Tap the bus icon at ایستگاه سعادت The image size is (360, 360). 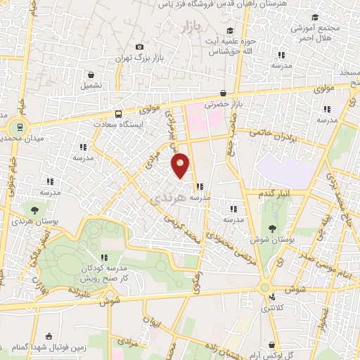click(117, 114)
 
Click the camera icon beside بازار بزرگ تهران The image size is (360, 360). click(139, 46)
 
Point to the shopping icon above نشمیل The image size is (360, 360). click(91, 75)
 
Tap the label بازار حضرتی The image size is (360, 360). click(222, 104)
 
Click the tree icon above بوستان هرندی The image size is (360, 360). click(34, 210)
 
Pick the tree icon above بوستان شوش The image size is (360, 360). click(271, 228)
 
